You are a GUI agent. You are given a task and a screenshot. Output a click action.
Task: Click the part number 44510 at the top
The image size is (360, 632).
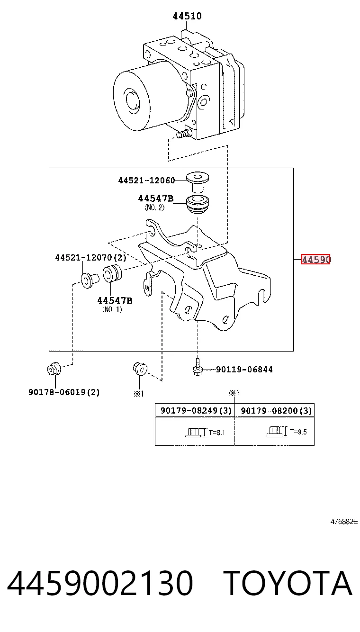(x=187, y=16)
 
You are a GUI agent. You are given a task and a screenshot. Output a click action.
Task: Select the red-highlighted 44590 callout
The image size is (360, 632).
(x=315, y=259)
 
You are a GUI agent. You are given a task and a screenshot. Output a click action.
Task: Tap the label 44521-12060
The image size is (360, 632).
(x=146, y=181)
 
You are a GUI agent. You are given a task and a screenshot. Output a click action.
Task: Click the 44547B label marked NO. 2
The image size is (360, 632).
(x=155, y=199)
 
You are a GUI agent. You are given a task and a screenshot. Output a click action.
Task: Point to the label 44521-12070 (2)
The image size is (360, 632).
(x=90, y=257)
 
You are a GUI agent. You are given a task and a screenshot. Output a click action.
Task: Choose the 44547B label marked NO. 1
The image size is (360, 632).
(x=115, y=301)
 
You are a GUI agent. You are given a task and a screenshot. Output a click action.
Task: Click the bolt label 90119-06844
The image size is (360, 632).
(x=244, y=370)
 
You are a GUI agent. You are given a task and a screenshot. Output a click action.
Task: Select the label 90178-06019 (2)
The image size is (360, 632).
(x=64, y=392)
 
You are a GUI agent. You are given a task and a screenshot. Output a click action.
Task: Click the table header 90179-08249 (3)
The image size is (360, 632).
(x=196, y=411)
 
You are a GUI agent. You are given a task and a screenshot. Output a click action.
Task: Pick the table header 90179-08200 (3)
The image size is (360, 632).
(x=277, y=411)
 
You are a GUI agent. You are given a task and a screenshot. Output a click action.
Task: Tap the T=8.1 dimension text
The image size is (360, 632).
(x=216, y=433)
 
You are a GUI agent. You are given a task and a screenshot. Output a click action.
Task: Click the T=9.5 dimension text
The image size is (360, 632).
(x=298, y=432)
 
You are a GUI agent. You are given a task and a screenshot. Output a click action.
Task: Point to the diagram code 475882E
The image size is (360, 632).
(x=344, y=522)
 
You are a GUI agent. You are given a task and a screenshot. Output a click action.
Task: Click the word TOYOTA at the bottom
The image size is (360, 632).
(x=289, y=583)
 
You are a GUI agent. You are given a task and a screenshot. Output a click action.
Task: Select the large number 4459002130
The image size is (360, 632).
(x=100, y=583)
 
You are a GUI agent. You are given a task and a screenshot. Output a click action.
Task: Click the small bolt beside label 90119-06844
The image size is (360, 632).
(x=197, y=367)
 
